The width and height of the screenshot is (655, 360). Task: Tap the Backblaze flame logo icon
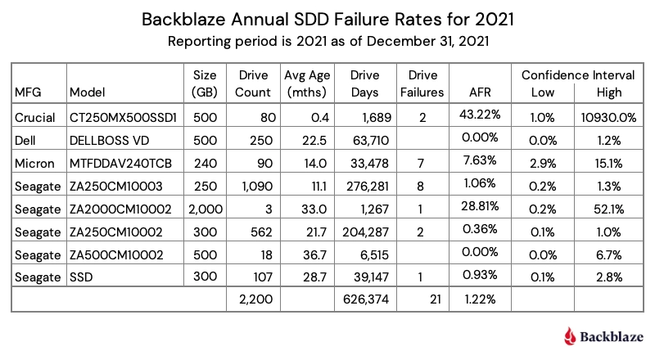(x=571, y=335)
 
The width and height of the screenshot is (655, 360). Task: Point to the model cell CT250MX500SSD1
(x=119, y=118)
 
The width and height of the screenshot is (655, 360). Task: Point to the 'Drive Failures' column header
(x=422, y=83)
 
